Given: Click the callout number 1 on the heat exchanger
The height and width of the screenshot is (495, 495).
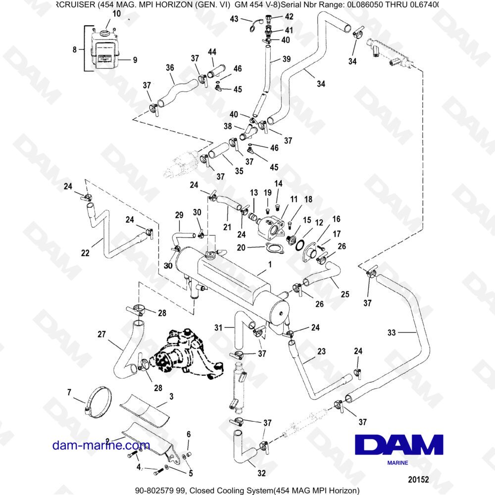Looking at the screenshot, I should (x=269, y=265).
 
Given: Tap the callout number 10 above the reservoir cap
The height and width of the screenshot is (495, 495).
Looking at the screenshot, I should (x=116, y=13).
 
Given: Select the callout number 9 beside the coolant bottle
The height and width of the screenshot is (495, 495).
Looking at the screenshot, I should (x=135, y=60).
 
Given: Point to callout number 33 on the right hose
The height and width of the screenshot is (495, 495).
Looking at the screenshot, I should (x=392, y=333).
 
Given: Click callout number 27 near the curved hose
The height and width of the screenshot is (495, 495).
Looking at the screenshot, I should (x=101, y=334).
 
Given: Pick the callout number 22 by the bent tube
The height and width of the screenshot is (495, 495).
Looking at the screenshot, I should (x=85, y=253).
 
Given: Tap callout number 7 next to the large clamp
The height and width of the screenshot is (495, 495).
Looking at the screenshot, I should (x=69, y=393).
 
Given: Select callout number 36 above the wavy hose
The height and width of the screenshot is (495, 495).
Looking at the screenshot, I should (x=170, y=68).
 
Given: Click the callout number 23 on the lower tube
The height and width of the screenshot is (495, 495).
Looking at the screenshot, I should (x=321, y=351).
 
